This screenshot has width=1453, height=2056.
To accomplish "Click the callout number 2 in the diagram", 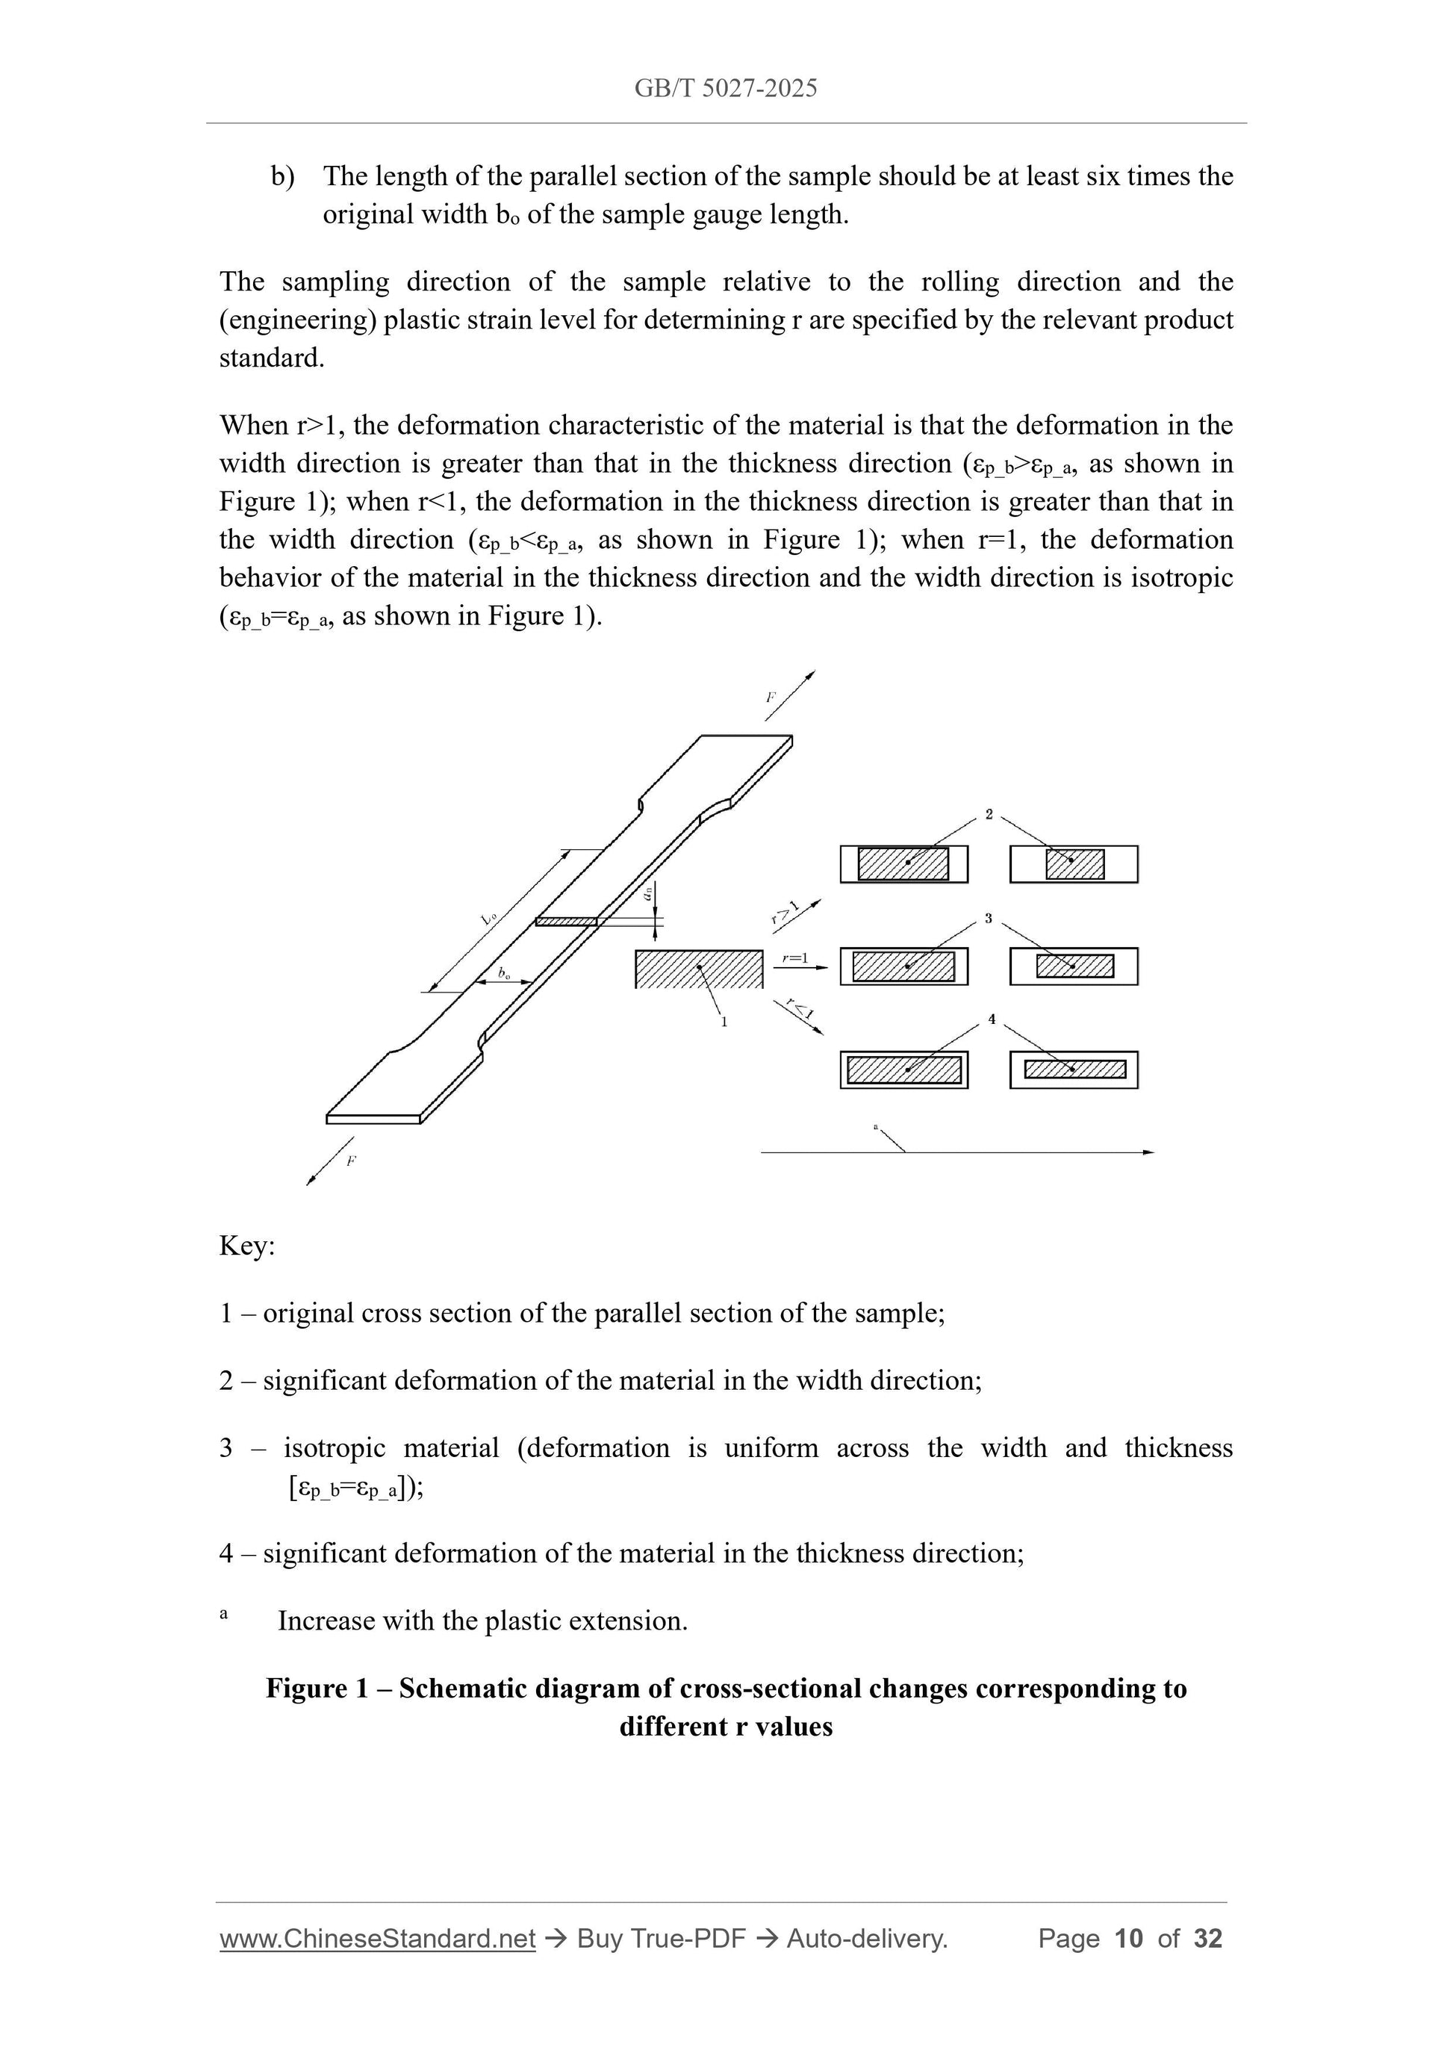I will [989, 814].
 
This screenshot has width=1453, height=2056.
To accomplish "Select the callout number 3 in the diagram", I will [989, 918].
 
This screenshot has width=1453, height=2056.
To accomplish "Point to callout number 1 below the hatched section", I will [724, 1022].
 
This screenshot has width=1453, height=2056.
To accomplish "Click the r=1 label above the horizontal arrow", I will [794, 958].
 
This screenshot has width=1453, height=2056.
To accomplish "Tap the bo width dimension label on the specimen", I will [504, 972].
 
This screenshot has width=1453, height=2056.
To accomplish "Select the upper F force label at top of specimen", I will [770, 696].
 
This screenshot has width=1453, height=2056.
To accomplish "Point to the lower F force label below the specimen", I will [351, 1161].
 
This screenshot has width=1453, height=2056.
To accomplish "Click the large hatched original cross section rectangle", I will [698, 969].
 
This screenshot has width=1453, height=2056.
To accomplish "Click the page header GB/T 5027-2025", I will [725, 88].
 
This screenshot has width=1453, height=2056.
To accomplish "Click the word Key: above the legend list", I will [247, 1246].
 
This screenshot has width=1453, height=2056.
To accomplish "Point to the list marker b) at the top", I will [283, 176].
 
